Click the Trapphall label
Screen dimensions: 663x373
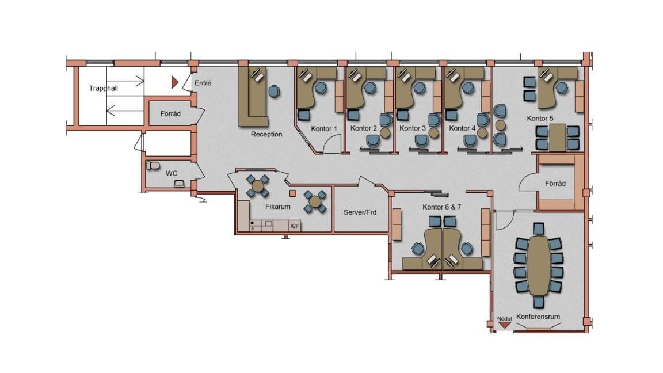click(103, 89)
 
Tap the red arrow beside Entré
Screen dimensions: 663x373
click(174, 82)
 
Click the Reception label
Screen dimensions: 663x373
click(266, 134)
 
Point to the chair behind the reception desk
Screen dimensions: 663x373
click(275, 92)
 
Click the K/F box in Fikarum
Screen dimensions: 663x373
click(295, 226)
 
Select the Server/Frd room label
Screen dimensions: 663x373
click(360, 212)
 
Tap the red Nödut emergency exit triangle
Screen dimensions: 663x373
click(504, 325)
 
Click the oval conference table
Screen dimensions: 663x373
click(539, 265)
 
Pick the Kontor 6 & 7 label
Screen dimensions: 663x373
click(442, 207)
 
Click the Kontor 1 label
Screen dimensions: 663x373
click(324, 128)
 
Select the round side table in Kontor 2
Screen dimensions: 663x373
click(385, 133)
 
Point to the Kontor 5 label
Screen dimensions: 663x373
click(540, 119)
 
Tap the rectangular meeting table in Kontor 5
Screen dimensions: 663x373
click(558, 138)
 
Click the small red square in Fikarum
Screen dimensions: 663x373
click(292, 193)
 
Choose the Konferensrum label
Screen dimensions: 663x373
click(538, 317)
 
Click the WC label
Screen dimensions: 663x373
click(172, 173)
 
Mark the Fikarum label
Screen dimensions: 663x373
click(278, 207)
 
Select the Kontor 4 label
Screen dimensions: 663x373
click(462, 128)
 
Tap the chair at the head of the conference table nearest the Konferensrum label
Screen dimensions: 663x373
click(539, 302)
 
